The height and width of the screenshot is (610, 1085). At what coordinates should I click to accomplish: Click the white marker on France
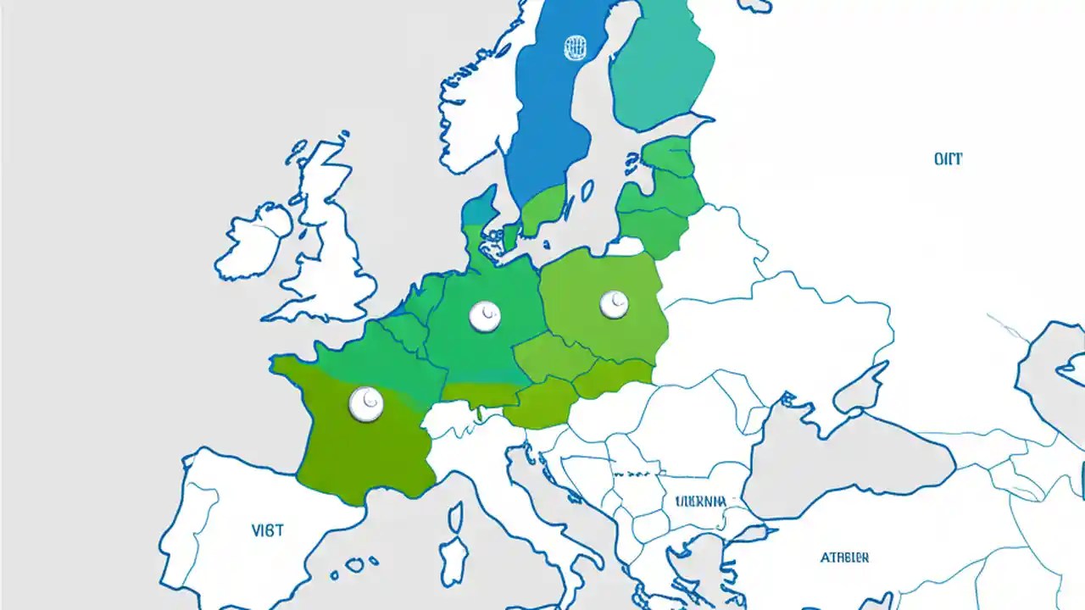[x=366, y=404]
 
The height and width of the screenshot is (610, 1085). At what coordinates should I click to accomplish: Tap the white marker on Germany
[x=485, y=316]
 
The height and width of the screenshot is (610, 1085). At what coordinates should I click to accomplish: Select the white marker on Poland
[x=614, y=304]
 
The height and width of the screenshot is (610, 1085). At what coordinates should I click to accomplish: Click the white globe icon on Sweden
[x=575, y=47]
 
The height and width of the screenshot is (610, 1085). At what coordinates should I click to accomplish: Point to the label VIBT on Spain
[x=268, y=530]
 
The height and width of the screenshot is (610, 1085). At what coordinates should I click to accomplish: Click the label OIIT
[x=949, y=158]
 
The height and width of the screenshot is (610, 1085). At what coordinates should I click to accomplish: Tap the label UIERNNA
[x=700, y=501]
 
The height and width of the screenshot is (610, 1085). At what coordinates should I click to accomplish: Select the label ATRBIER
[x=844, y=557]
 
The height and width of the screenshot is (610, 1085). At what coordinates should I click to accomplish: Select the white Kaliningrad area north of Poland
[x=624, y=247]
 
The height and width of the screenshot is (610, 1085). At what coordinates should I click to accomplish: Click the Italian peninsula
[x=542, y=508]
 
